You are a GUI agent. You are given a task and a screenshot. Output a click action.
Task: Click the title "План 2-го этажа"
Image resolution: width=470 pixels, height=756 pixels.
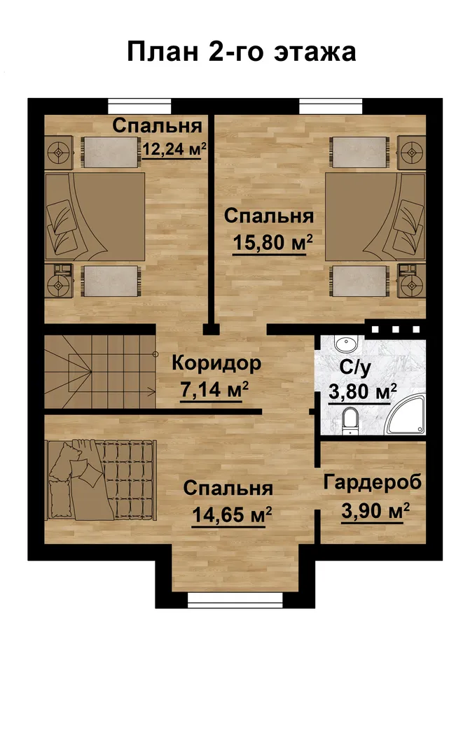(241, 52)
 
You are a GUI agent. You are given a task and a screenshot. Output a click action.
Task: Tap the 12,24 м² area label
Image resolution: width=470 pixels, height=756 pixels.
(174, 149)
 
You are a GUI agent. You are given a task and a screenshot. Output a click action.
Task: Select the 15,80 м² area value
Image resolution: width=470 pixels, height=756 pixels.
(272, 242)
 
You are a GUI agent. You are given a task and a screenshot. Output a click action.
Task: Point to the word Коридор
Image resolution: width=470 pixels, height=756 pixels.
(216, 363)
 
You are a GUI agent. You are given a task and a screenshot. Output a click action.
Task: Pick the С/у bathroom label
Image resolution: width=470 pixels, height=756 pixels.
(355, 367)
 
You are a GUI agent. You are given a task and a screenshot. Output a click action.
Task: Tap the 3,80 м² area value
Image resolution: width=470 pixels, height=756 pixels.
(363, 391)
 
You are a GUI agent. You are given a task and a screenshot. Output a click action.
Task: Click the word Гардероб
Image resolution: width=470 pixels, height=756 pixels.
(373, 482)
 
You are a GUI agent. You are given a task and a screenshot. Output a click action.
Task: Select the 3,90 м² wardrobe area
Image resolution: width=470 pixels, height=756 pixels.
(375, 510)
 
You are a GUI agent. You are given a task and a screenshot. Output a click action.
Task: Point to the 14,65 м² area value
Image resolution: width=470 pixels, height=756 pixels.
(232, 515)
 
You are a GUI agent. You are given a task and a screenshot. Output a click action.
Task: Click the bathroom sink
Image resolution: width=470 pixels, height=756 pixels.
(346, 344)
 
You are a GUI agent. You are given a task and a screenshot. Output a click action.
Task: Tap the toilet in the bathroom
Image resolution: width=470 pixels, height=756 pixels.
(350, 420)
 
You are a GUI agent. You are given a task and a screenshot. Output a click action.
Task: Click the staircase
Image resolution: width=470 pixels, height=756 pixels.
(100, 372)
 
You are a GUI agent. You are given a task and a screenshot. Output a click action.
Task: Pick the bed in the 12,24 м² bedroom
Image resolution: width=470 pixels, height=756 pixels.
(95, 217)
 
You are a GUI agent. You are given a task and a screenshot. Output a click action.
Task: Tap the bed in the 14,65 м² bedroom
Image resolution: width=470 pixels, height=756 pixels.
(102, 479)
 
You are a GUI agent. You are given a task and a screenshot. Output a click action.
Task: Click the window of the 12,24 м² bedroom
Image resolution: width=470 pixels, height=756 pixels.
(139, 106)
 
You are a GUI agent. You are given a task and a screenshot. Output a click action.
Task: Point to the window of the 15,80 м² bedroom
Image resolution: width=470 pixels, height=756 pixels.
(331, 106)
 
